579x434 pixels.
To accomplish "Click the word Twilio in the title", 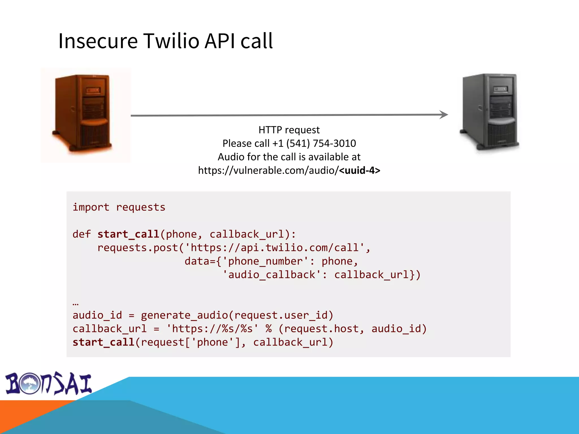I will [171, 41].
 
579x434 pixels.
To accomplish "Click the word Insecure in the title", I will [98, 41].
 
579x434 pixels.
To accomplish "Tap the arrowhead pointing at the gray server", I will [444, 114].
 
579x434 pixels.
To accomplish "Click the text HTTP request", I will [289, 130].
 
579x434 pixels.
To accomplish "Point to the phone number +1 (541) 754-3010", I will [314, 144].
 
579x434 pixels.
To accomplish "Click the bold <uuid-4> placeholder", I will [359, 170].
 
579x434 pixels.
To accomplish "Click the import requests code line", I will [119, 207].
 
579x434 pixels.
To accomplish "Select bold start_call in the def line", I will [128, 234].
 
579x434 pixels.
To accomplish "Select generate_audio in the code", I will [184, 315].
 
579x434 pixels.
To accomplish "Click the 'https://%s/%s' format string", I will [212, 329].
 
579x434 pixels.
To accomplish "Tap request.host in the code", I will [321, 329].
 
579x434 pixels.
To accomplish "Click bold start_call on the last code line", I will [103, 342].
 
